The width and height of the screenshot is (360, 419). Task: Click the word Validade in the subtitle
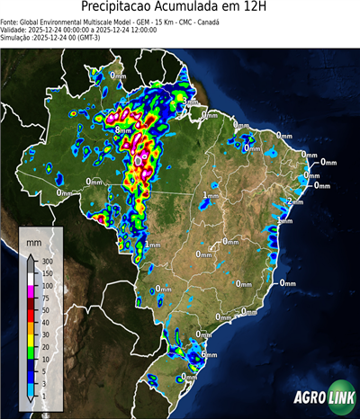point(15,29)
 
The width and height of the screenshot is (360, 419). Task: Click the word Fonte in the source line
point(10,21)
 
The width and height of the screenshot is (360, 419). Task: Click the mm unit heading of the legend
point(33,243)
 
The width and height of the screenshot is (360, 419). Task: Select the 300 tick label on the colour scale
point(46,261)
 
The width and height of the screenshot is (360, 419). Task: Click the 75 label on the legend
point(44,297)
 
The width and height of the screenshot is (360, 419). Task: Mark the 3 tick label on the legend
point(42,382)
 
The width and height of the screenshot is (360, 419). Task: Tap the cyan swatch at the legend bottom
point(31,388)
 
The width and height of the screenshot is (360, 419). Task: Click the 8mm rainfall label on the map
point(122,130)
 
